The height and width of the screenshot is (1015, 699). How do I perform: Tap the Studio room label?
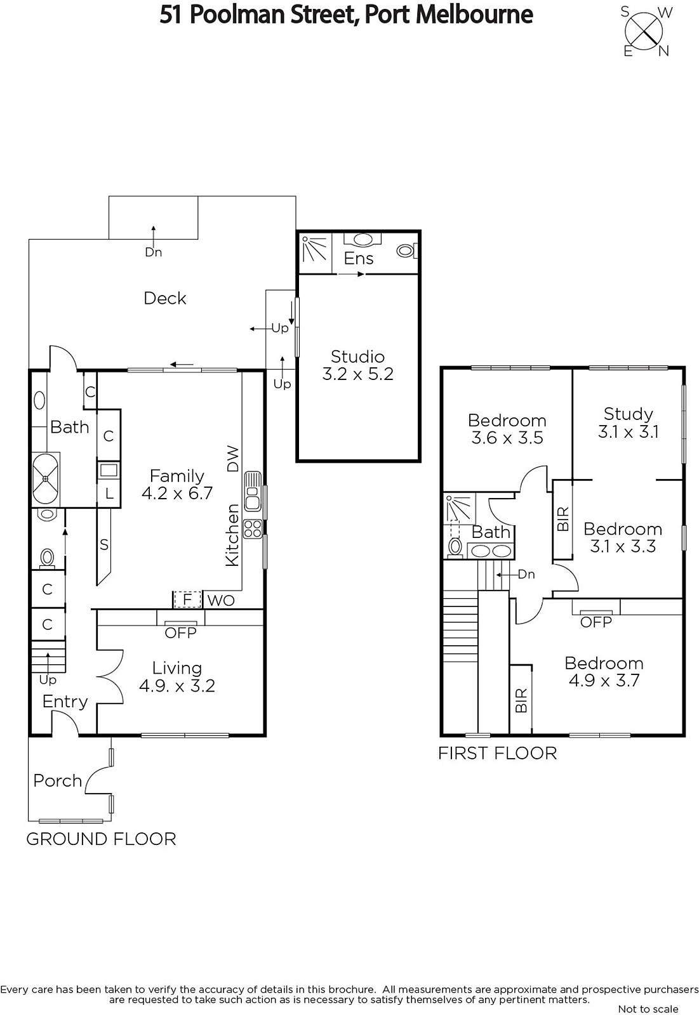click(357, 357)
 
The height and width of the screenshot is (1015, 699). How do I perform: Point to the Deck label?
click(164, 298)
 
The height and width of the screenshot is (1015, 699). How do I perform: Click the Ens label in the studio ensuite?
click(358, 258)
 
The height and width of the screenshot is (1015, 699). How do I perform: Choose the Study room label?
click(629, 414)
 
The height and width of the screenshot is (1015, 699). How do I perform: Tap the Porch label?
click(58, 781)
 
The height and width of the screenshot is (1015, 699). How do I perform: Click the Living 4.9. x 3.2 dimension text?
click(177, 686)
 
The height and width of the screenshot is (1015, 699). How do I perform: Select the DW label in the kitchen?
click(232, 459)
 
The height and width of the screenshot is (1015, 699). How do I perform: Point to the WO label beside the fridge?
click(221, 601)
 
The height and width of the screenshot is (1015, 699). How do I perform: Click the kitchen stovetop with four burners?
click(253, 528)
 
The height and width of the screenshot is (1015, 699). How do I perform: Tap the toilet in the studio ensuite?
click(406, 251)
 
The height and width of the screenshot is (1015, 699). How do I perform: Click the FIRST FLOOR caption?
click(498, 754)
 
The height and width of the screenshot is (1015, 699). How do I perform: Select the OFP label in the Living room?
click(180, 632)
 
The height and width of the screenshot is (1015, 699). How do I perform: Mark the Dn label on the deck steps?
click(153, 252)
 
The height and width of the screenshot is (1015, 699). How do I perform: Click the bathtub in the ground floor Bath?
click(45, 479)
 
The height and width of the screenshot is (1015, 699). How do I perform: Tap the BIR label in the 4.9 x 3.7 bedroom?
click(521, 700)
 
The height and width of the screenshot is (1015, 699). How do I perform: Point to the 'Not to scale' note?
click(648, 1009)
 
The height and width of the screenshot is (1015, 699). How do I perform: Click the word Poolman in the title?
click(236, 15)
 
